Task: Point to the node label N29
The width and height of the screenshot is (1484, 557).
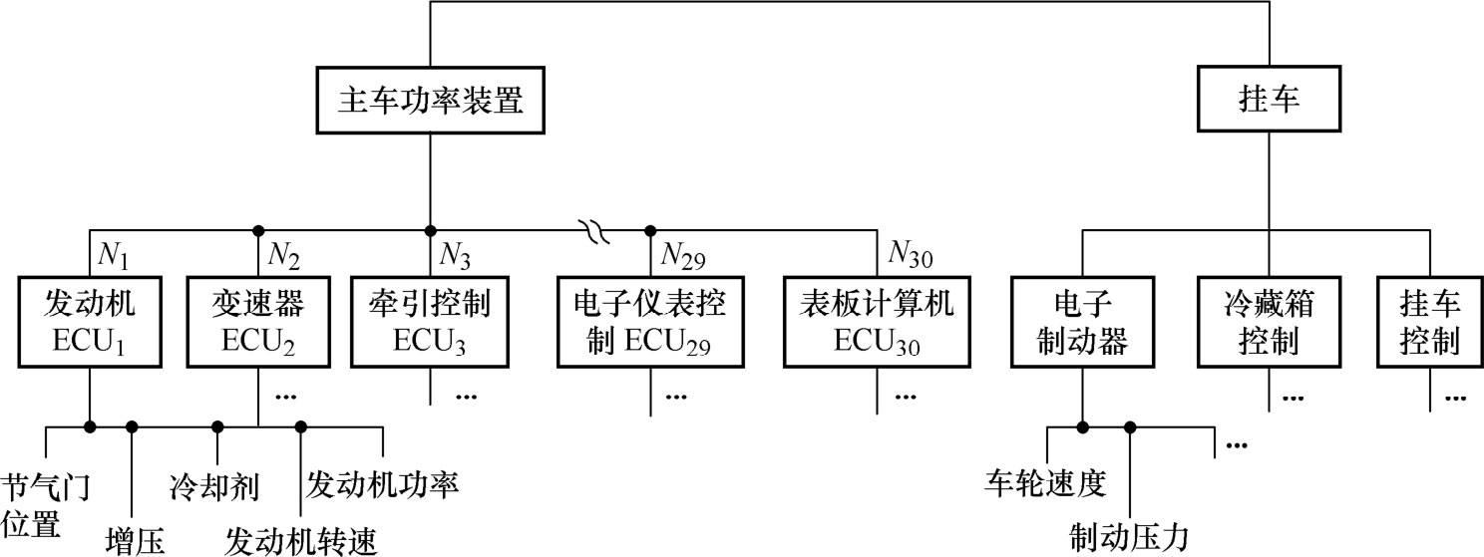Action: click(683, 258)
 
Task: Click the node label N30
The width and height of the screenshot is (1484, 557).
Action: click(911, 258)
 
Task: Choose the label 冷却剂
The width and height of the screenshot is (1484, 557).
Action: click(214, 486)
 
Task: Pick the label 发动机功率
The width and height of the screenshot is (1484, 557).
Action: click(382, 485)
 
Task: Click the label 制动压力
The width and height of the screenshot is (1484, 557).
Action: click(1129, 538)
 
